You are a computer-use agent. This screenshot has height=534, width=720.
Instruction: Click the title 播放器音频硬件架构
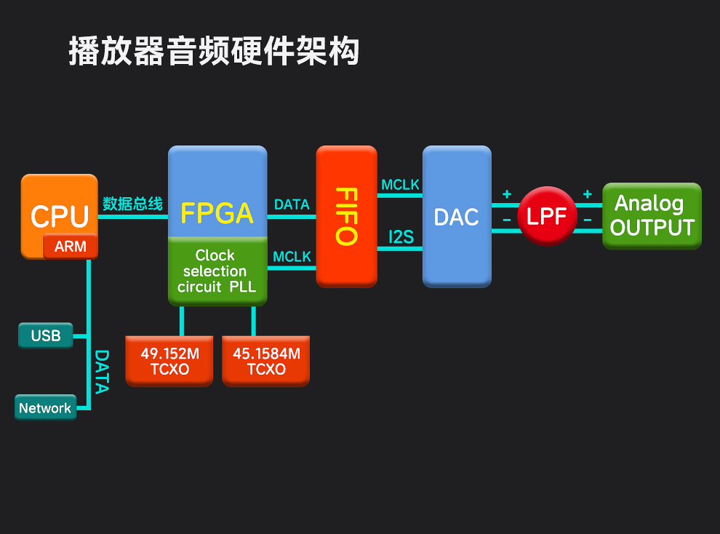pyautogui.click(x=214, y=52)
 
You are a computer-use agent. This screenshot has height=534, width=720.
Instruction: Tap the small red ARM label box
pyautogui.click(x=71, y=247)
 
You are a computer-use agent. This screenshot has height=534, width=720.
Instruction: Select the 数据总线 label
pyautogui.click(x=132, y=204)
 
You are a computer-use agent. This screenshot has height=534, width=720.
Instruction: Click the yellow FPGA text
pyautogui.click(x=217, y=212)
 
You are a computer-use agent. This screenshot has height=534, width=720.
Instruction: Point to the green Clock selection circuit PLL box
pyautogui.click(x=217, y=271)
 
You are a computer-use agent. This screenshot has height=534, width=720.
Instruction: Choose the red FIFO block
pyautogui.click(x=347, y=216)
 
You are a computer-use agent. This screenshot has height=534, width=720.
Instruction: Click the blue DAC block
pyautogui.click(x=457, y=217)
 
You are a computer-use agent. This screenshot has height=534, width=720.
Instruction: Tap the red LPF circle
pyautogui.click(x=547, y=216)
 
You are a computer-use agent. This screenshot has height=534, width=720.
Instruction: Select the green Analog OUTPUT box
pyautogui.click(x=652, y=215)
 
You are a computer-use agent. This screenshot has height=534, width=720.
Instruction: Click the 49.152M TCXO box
pyautogui.click(x=169, y=361)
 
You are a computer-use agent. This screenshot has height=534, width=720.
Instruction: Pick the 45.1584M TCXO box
pyautogui.click(x=266, y=361)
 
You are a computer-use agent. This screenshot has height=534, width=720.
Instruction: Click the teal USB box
pyautogui.click(x=45, y=336)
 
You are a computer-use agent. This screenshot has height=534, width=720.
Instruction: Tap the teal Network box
pyautogui.click(x=45, y=408)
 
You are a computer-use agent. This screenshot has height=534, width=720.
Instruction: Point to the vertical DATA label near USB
pyautogui.click(x=102, y=372)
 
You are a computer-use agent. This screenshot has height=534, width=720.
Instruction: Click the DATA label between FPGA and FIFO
pyautogui.click(x=292, y=204)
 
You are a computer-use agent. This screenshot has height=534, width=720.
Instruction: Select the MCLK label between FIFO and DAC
pyautogui.click(x=400, y=185)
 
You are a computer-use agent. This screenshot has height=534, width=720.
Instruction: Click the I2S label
pyautogui.click(x=401, y=236)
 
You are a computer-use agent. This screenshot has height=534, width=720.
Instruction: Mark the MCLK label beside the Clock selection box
pyautogui.click(x=292, y=257)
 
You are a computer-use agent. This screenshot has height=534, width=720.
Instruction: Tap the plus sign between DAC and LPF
pyautogui.click(x=507, y=194)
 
